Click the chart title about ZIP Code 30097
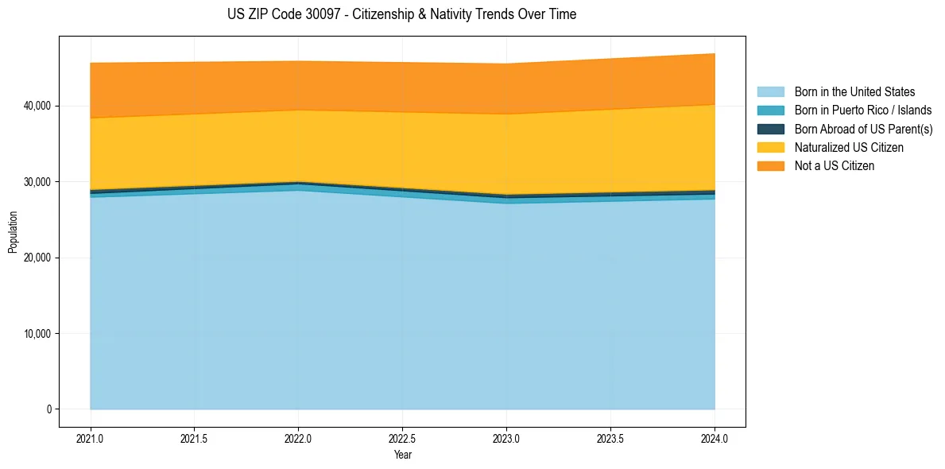[401, 14]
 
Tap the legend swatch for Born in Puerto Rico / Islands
[770, 110]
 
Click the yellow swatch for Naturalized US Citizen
[770, 148]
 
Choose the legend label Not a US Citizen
[834, 166]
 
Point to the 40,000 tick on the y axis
[36, 106]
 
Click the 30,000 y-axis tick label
[36, 182]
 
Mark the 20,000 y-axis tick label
[36, 258]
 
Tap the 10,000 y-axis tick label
[36, 334]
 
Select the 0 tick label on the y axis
[48, 409]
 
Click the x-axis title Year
[402, 455]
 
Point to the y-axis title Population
[13, 232]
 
